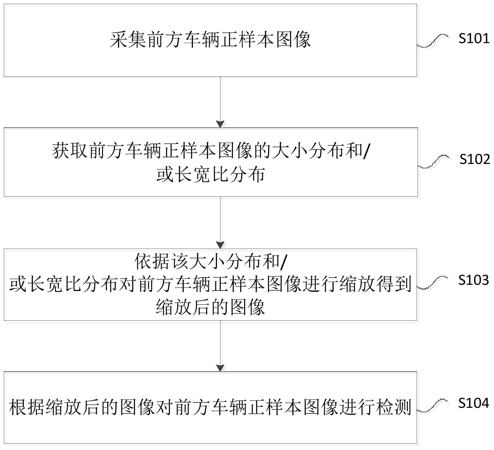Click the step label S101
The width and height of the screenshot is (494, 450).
pos(474,38)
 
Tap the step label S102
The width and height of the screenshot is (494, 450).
pos(475,159)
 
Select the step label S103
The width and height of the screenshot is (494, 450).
pos(473,280)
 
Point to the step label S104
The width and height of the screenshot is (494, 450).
pos(473,403)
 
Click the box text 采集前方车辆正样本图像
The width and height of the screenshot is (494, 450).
pos(210,40)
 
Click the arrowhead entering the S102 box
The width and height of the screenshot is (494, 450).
pos(220,124)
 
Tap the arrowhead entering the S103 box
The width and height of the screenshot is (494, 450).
pos(220,245)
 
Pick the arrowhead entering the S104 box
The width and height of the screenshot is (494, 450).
pos(220,368)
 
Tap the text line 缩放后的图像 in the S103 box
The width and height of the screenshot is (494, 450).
pos(210,307)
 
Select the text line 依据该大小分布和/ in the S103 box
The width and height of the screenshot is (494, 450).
pos(210,262)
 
